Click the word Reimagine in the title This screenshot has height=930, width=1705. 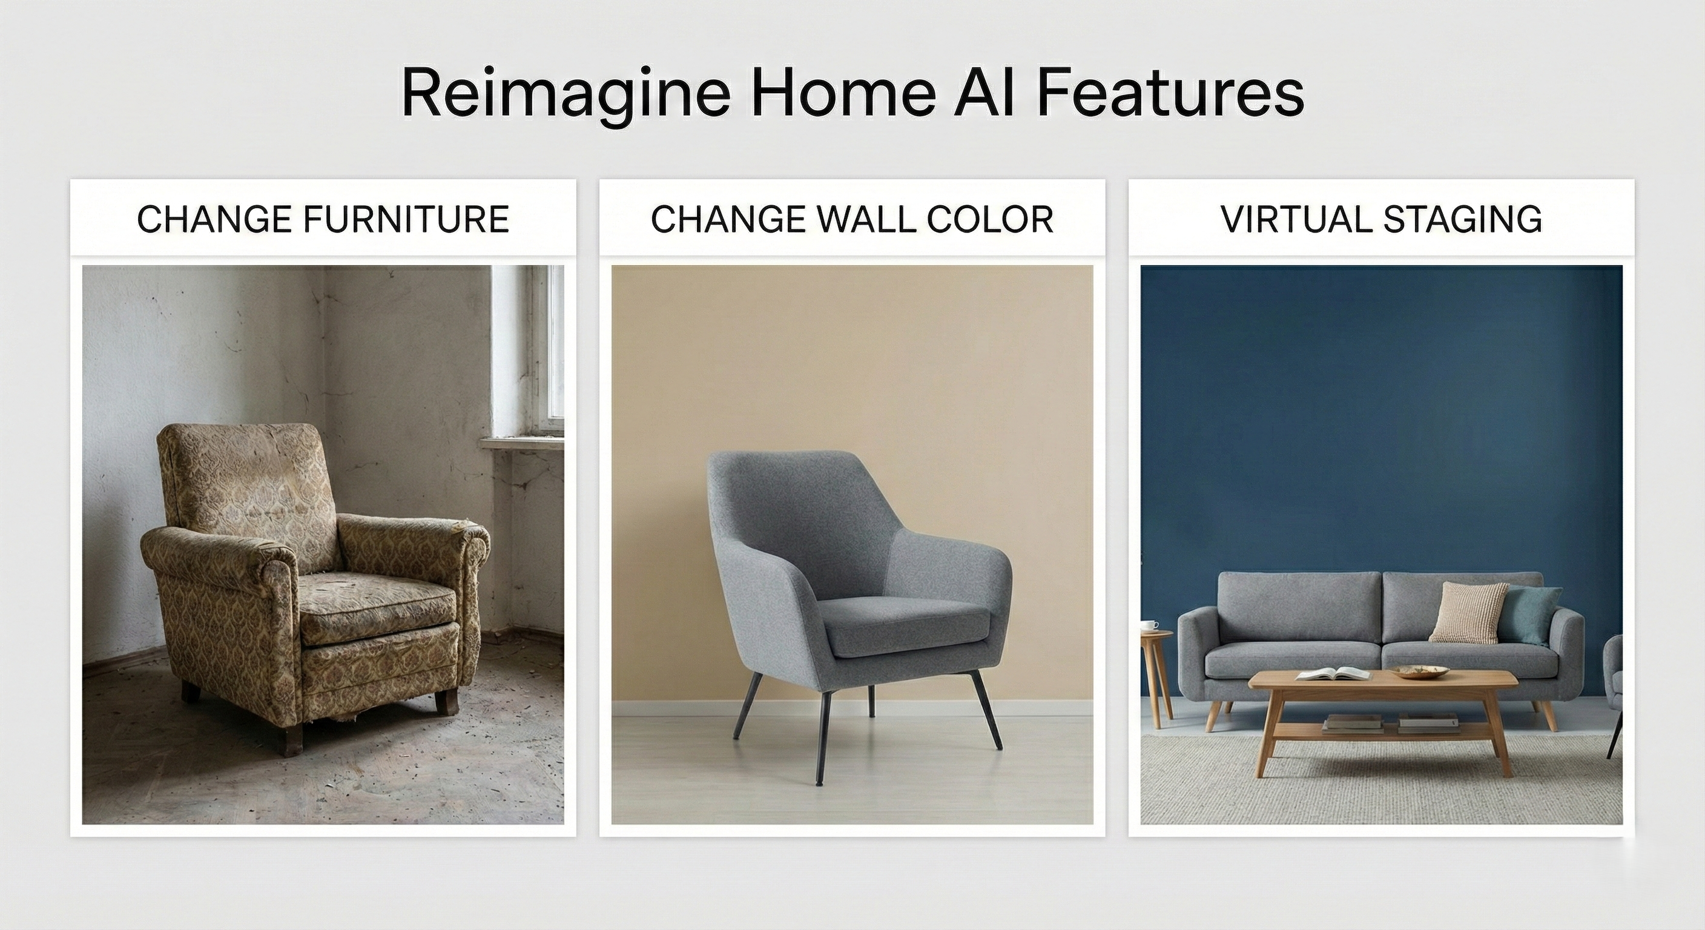[566, 94]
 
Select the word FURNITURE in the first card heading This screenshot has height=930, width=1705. [406, 219]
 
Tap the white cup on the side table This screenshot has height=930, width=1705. [1150, 625]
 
